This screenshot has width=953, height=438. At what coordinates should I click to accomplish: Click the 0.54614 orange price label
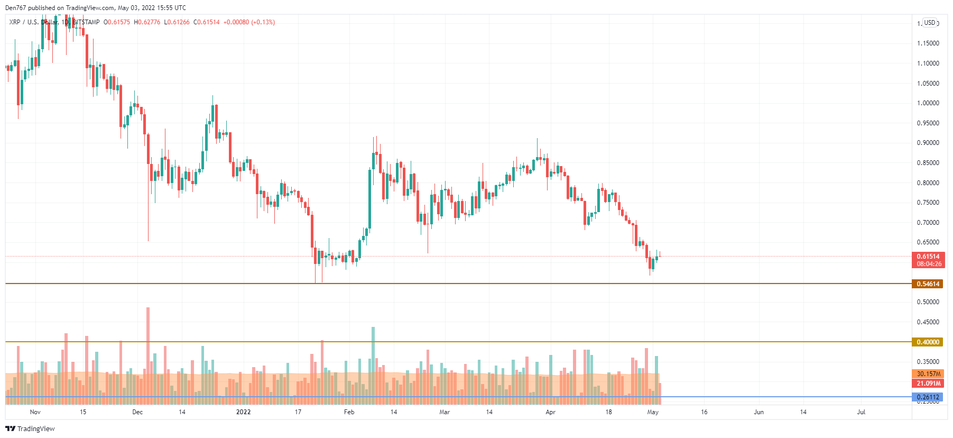tap(928, 284)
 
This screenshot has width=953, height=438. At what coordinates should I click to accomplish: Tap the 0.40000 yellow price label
tap(928, 342)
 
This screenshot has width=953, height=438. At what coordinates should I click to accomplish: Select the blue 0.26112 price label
tap(928, 397)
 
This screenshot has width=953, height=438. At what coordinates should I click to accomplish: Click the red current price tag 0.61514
tap(928, 257)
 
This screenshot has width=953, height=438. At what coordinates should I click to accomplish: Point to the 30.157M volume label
tap(928, 374)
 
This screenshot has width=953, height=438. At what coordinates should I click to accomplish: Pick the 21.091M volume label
tap(928, 384)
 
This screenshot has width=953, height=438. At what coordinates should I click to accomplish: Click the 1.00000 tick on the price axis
tap(928, 103)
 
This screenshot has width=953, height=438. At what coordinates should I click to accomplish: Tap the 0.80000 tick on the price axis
tap(928, 183)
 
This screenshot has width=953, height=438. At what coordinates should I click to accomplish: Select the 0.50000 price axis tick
tap(928, 302)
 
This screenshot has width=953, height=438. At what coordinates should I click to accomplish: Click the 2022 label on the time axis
tap(243, 412)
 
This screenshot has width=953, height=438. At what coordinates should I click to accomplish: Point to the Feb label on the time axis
tap(349, 412)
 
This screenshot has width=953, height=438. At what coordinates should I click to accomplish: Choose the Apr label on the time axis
tap(550, 412)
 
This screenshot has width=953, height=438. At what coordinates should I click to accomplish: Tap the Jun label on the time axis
tap(758, 412)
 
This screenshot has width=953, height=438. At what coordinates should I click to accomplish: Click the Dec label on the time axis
tap(137, 412)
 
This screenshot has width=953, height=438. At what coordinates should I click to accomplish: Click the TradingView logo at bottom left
tap(30, 428)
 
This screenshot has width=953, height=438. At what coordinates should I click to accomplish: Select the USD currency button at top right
tap(930, 23)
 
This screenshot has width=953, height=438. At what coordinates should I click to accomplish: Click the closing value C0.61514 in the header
tap(207, 22)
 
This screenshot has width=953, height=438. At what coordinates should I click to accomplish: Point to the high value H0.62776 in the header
tap(147, 22)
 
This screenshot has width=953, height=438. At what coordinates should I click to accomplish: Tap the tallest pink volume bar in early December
tap(148, 354)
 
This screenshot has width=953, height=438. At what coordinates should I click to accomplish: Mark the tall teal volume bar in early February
tap(373, 365)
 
